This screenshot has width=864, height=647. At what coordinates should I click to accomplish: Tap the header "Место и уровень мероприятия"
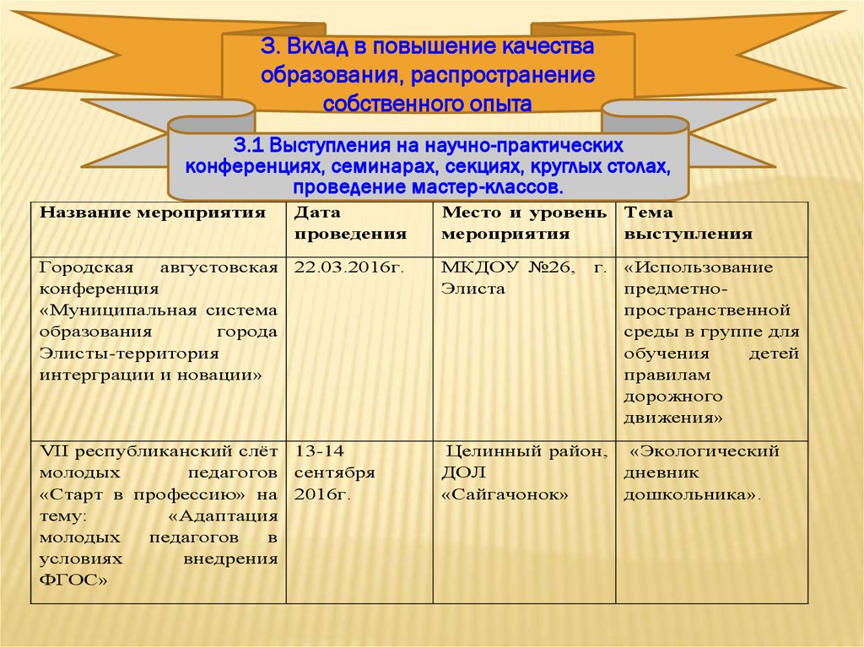[523, 224]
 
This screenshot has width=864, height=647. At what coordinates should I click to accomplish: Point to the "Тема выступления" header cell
[688, 224]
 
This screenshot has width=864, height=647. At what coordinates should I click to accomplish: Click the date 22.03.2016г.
[349, 267]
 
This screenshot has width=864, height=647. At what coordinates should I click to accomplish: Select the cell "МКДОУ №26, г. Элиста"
[523, 278]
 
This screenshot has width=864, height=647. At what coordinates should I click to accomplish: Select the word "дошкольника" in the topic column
[688, 495]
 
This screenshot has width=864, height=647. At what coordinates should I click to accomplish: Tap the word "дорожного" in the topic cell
[673, 396]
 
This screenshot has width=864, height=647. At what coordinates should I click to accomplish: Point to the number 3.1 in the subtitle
[248, 145]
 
